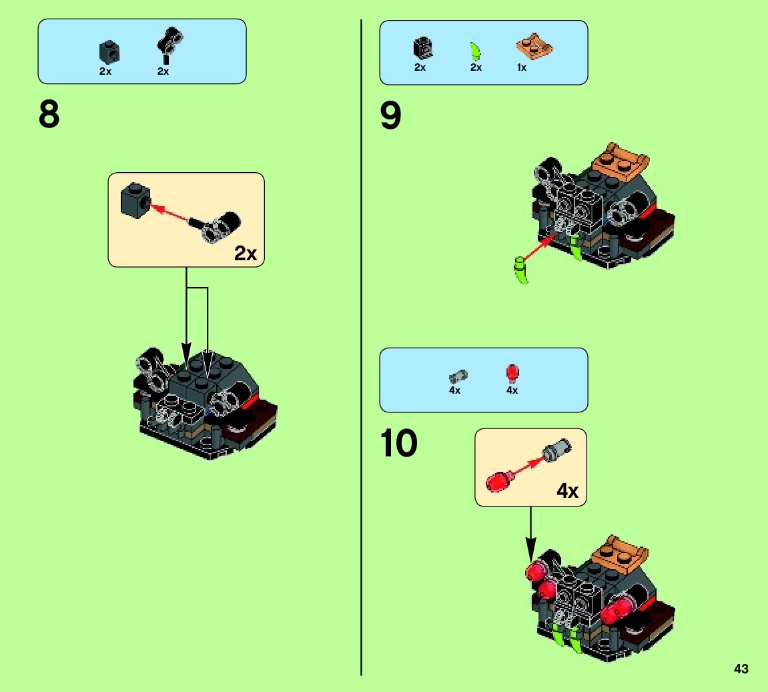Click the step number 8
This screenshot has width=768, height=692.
49,115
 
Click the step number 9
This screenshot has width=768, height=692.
390,116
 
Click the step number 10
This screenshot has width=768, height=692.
399,443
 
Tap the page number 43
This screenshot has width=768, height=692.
741,669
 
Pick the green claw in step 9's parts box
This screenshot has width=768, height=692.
476,51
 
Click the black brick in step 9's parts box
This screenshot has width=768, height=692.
422,47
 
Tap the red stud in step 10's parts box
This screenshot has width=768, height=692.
512,373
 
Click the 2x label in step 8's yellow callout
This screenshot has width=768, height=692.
246,254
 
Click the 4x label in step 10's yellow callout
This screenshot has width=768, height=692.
567,492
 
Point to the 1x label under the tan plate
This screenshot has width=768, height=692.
522,67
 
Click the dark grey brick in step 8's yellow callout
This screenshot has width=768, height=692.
135,199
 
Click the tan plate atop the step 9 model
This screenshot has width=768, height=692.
623,159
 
